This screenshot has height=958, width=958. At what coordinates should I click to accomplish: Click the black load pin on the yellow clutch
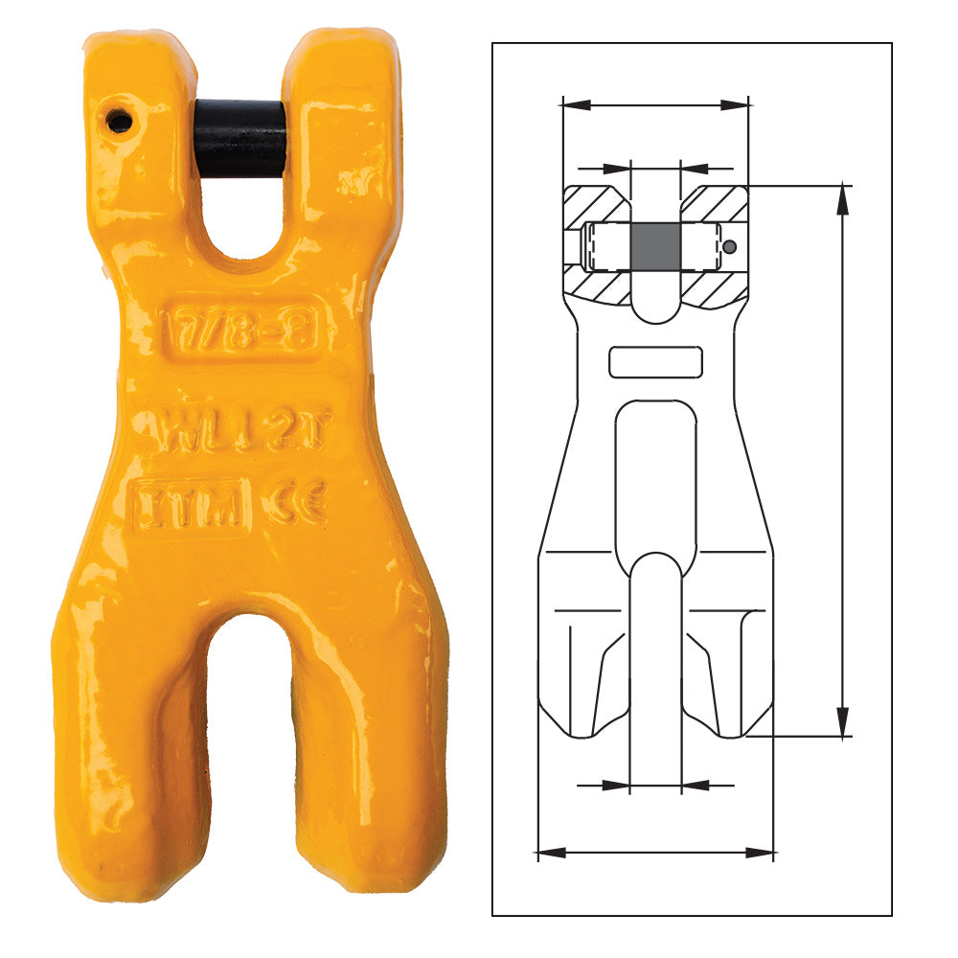pyautogui.click(x=240, y=138)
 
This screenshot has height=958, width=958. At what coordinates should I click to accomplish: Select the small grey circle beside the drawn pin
pyautogui.click(x=730, y=247)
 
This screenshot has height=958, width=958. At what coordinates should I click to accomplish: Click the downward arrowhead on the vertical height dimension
pyautogui.click(x=842, y=719)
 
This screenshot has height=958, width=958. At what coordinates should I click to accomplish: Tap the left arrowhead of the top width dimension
pyautogui.click(x=575, y=103)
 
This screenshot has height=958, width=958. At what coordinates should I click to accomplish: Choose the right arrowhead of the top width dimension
pyautogui.click(x=735, y=103)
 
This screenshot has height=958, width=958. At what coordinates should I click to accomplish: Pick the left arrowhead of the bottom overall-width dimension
pyautogui.click(x=551, y=851)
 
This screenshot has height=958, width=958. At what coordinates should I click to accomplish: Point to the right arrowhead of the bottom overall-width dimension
pyautogui.click(x=761, y=851)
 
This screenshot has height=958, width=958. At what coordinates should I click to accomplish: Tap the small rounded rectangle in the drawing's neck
pyautogui.click(x=655, y=362)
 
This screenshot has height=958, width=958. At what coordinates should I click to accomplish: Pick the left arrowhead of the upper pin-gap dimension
pyautogui.click(x=619, y=167)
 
